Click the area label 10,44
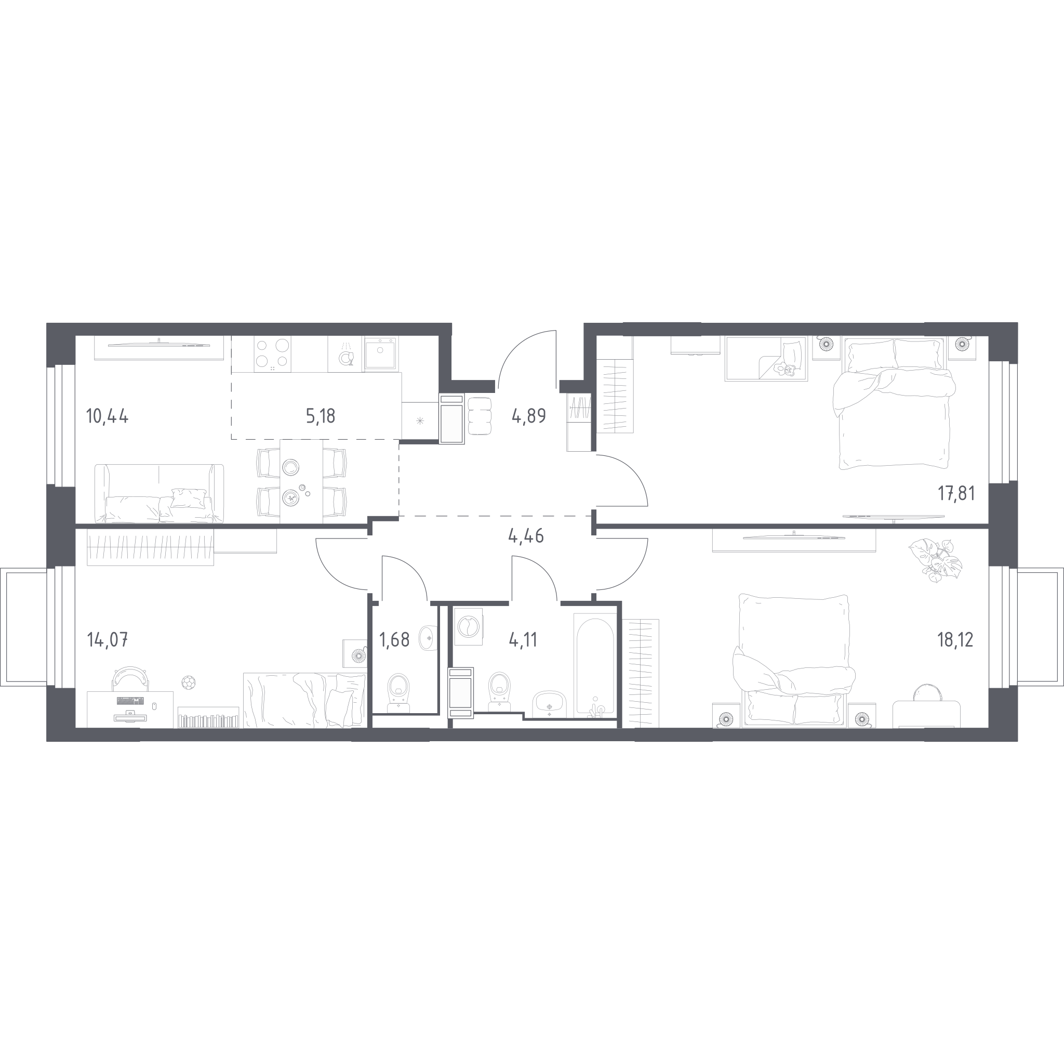coord(108,416)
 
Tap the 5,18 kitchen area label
coord(321,416)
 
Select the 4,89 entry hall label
coord(529,415)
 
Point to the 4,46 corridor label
coord(526,535)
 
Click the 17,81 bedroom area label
coord(956,494)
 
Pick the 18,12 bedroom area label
coord(955,640)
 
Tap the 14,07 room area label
coord(108,640)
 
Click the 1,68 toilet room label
coord(394,640)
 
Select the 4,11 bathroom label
coord(523,640)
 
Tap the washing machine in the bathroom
coord(469,626)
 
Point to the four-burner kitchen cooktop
coord(273,354)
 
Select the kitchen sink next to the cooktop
coord(380,354)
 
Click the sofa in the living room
coord(159,493)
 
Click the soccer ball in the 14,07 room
coord(189,682)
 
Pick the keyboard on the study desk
coord(130,701)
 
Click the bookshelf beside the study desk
coord(208,717)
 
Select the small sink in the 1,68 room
coord(428,638)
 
